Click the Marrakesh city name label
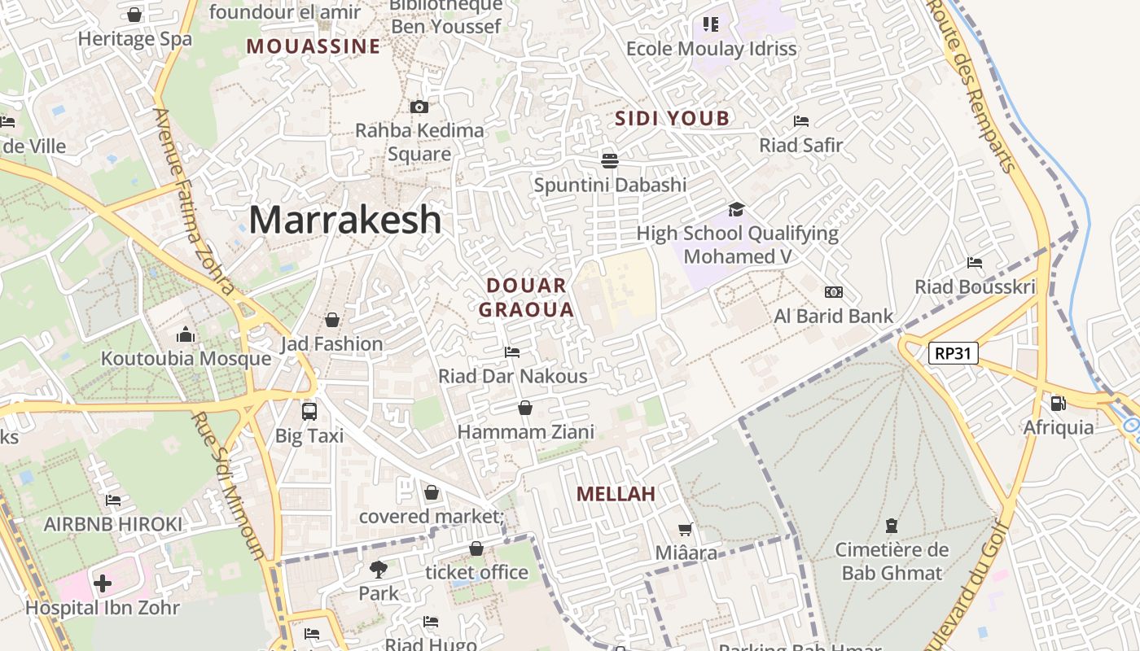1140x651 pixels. pyautogui.click(x=345, y=220)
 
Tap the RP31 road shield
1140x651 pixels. pyautogui.click(x=954, y=353)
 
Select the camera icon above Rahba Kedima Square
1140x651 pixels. pyautogui.click(x=419, y=107)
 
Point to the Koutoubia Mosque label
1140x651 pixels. pyautogui.click(x=186, y=359)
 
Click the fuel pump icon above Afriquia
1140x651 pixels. pyautogui.click(x=1058, y=403)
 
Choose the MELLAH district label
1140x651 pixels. pyautogui.click(x=616, y=494)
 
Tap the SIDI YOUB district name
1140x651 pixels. pyautogui.click(x=672, y=119)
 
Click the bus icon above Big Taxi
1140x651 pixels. pyautogui.click(x=309, y=411)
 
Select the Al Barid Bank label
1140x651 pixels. pyautogui.click(x=834, y=316)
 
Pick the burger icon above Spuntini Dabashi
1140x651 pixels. pyautogui.click(x=610, y=160)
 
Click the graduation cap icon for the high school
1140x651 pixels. pyautogui.click(x=737, y=209)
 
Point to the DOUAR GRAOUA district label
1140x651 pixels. pyautogui.click(x=526, y=297)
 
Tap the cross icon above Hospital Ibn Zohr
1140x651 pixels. pyautogui.click(x=103, y=583)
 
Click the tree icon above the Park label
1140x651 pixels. pyautogui.click(x=379, y=569)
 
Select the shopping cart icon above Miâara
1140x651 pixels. pyautogui.click(x=686, y=530)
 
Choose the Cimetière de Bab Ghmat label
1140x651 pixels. pyautogui.click(x=892, y=561)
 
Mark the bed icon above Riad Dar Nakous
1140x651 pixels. pyautogui.click(x=512, y=352)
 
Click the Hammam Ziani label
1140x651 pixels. pyautogui.click(x=526, y=431)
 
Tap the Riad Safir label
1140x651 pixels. pyautogui.click(x=801, y=145)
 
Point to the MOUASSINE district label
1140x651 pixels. pyautogui.click(x=313, y=46)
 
